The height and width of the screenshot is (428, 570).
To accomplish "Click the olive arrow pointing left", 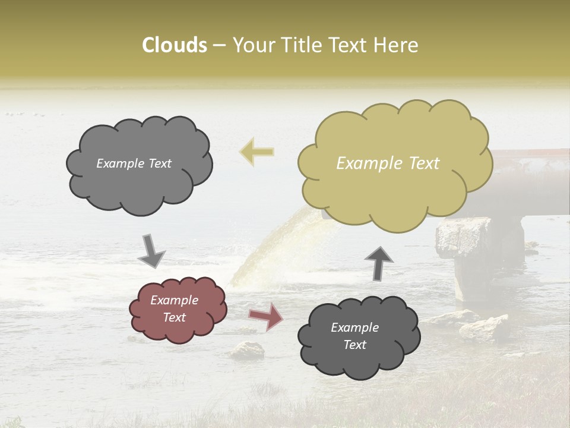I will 256,152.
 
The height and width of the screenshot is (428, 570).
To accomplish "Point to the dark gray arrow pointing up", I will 378,263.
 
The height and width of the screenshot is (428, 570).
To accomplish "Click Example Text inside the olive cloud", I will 388,163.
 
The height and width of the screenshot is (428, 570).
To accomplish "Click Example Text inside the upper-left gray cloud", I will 134,163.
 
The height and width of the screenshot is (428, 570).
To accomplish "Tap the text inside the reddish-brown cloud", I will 174,309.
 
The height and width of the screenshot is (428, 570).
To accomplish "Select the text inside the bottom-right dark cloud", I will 354,336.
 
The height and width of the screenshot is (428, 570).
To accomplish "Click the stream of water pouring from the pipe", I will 267,250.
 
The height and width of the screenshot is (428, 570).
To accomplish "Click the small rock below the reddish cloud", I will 247,351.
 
